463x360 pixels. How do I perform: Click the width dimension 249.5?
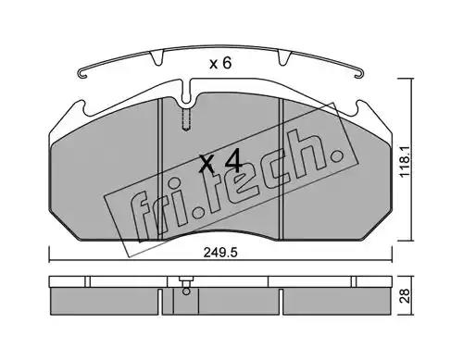click(x=220, y=253)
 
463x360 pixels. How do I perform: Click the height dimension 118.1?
click(x=406, y=161)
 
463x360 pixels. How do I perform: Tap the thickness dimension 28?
click(x=406, y=296)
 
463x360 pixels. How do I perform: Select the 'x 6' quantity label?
click(x=220, y=64)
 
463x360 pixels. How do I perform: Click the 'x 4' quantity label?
click(x=219, y=161)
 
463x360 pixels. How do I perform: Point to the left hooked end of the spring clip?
click(x=83, y=74)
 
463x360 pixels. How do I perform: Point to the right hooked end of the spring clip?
click(x=359, y=74)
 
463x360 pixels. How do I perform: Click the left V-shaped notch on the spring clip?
click(x=156, y=58)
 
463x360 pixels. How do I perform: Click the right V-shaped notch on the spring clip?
click(x=284, y=58)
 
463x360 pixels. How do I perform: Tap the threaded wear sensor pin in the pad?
click(x=186, y=119)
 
